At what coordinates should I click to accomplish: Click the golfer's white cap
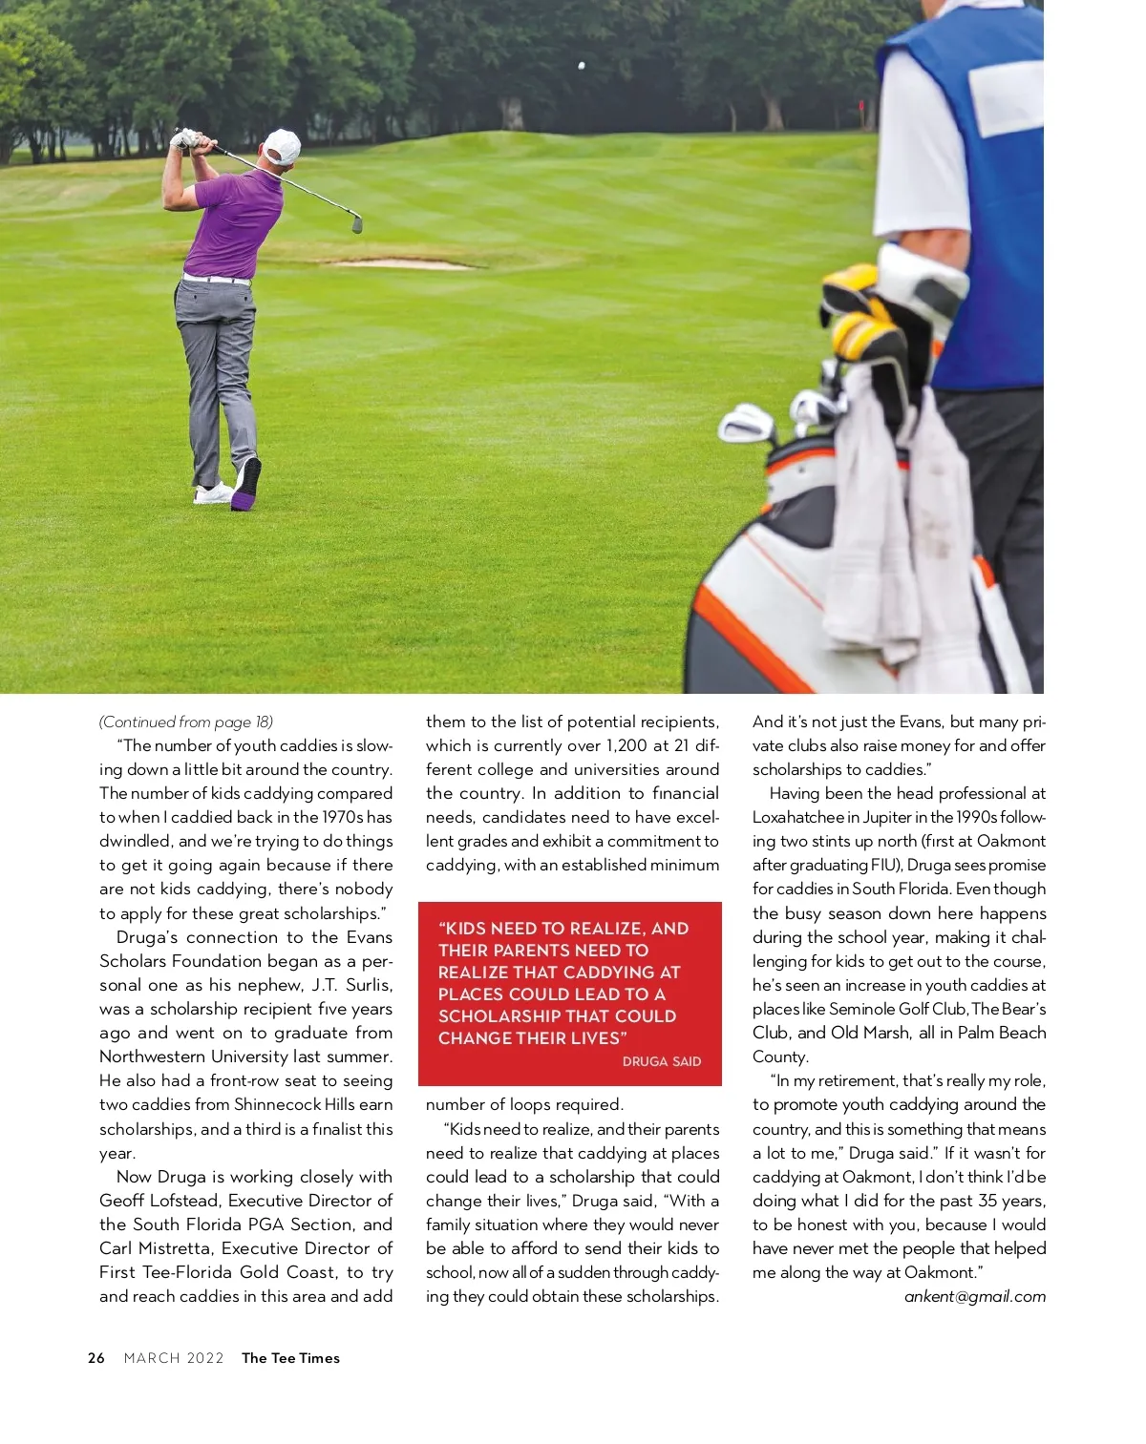[283, 146]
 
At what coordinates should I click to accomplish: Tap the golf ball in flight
[581, 66]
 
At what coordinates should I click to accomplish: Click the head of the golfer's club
[357, 224]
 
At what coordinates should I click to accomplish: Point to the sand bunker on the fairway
[401, 262]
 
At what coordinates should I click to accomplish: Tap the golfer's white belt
[217, 280]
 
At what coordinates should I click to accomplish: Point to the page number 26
[96, 1358]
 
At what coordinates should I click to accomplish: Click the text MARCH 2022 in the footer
[174, 1358]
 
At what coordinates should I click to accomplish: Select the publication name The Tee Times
[290, 1358]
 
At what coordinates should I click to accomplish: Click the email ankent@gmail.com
[975, 1296]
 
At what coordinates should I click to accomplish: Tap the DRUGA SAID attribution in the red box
[661, 1061]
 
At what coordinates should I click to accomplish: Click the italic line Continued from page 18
[186, 722]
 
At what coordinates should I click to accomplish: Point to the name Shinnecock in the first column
[278, 1104]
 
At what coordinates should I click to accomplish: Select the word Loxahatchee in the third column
[798, 817]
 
